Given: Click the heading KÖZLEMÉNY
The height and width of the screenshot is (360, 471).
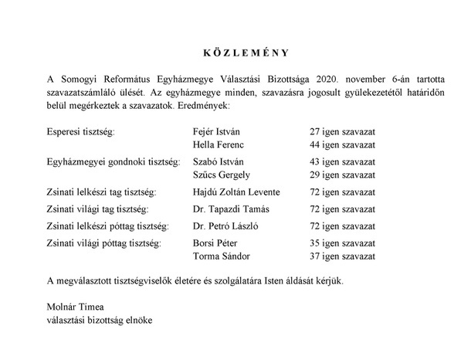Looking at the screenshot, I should pyautogui.click(x=236, y=54).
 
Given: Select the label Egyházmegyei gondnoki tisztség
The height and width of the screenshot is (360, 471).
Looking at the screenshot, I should pyautogui.click(x=113, y=161).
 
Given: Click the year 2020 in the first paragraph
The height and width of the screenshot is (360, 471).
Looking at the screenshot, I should pyautogui.click(x=314, y=80).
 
